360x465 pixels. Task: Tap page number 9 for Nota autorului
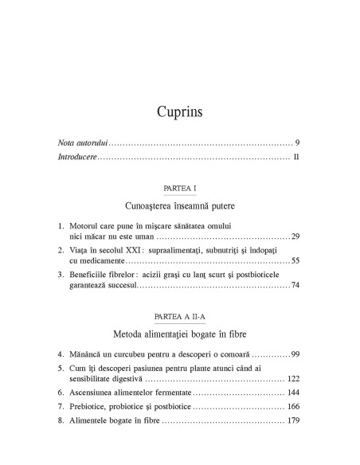tap(296, 143)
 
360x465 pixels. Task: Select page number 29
tap(295, 237)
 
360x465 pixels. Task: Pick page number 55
tap(295, 261)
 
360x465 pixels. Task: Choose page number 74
tap(295, 285)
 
